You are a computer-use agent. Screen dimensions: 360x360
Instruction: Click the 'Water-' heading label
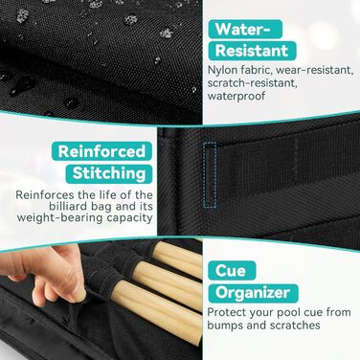click(x=245, y=29)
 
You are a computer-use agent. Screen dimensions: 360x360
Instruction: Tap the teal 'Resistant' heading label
click(x=252, y=51)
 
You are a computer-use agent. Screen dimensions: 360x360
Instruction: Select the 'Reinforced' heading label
click(x=101, y=151)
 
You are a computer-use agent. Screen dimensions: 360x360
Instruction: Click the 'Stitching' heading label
click(x=109, y=174)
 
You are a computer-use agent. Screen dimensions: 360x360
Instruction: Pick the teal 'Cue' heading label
click(x=232, y=271)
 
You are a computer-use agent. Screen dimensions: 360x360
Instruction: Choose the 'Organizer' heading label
click(x=253, y=293)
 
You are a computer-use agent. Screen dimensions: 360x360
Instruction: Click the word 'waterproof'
click(x=236, y=96)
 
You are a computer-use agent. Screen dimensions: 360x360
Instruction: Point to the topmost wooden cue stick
click(x=177, y=259)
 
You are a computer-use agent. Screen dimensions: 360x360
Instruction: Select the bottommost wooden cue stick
click(x=158, y=305)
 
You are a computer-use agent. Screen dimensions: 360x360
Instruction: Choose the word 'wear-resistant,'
click(x=314, y=71)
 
